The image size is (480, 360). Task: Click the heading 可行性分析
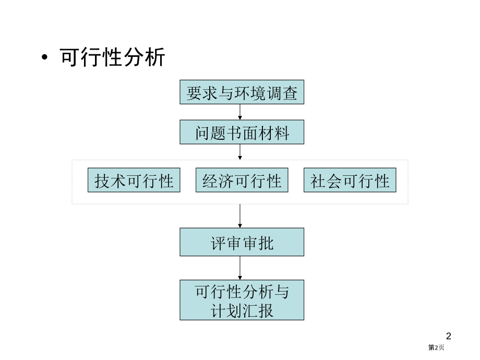112,57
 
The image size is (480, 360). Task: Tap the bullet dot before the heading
45,57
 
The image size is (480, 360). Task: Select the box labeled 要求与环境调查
242,92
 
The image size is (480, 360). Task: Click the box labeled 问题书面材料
242,132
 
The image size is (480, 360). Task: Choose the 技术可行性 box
134,180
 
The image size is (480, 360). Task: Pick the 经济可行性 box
242,180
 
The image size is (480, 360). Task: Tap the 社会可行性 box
350,180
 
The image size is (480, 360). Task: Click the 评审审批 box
242,242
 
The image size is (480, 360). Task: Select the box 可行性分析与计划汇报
242,300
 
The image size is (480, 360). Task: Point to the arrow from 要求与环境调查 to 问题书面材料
240,112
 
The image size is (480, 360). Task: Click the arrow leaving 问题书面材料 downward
240,152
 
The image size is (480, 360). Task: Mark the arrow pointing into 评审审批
240,216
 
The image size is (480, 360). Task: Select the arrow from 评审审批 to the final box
240,268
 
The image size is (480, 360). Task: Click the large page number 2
449,336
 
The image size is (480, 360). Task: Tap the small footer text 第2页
436,347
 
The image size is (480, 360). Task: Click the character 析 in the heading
155,57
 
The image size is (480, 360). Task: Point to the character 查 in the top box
290,93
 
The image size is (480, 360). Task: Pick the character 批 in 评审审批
266,243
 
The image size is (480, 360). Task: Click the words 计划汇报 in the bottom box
242,310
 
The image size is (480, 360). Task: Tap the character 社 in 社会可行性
318,181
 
